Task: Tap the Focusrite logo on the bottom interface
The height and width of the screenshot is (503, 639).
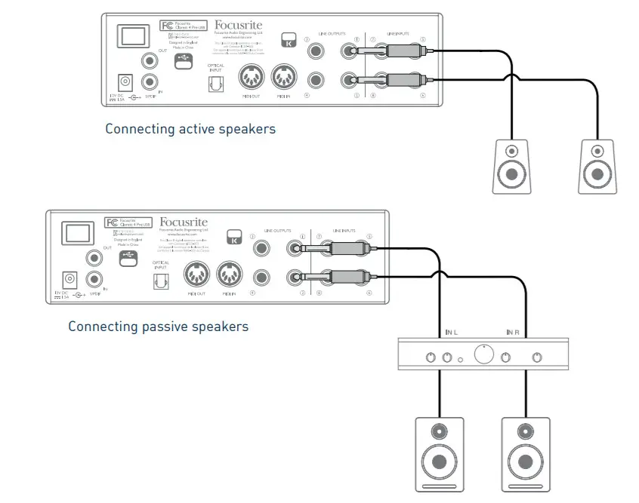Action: pos(181,223)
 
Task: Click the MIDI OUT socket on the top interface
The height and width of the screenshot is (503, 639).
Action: pos(252,78)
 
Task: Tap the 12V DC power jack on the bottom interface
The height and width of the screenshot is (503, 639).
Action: pos(71,280)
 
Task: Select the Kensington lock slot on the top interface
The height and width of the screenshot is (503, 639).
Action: pos(289,41)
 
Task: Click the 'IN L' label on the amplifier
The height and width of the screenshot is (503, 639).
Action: pos(450,332)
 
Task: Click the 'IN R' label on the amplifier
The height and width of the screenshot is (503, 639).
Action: pos(514,332)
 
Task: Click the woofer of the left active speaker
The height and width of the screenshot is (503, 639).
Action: pos(511,176)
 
